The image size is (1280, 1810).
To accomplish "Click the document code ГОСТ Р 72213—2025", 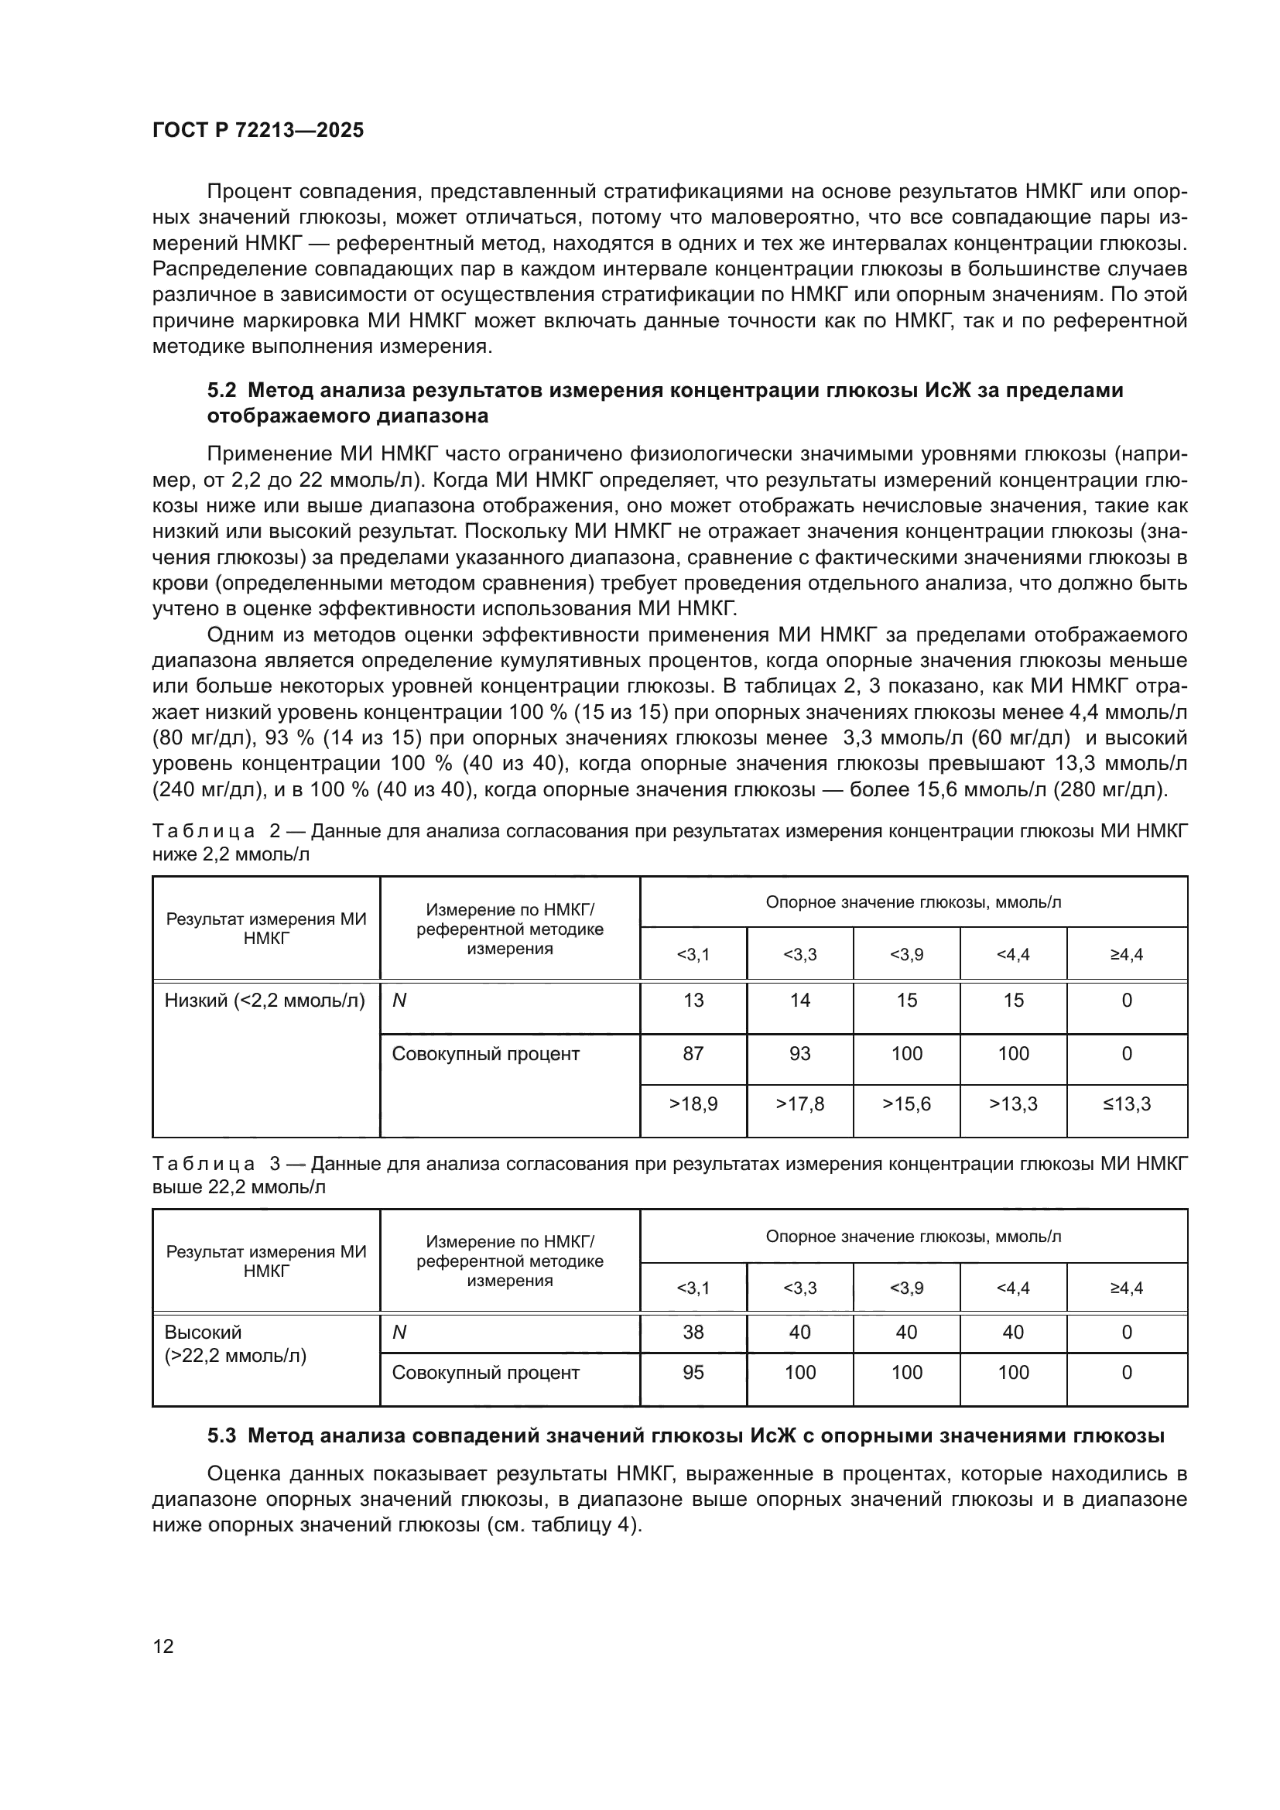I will [x=258, y=130].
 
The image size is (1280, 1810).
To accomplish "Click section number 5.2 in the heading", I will [x=222, y=390].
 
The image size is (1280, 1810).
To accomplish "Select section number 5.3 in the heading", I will [x=222, y=1435].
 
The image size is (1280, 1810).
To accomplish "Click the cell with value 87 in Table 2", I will [x=693, y=1054].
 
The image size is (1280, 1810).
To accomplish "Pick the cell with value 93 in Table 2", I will [x=799, y=1054].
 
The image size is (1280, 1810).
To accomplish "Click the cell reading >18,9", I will [x=693, y=1103].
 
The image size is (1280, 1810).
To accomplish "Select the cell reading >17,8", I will [x=799, y=1103].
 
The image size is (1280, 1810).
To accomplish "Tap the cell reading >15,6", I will [x=906, y=1103].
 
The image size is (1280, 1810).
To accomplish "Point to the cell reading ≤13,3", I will [x=1126, y=1103].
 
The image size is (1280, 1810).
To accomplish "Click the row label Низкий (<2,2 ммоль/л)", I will [x=265, y=1001].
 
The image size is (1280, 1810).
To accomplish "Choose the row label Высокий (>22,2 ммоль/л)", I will [x=235, y=1344].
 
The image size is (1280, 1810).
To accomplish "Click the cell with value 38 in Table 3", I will [x=693, y=1333].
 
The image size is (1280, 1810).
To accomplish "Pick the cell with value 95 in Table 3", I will [x=693, y=1373].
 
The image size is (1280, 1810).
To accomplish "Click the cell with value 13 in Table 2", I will [x=693, y=1001].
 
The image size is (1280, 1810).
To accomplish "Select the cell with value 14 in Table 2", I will [x=799, y=1001].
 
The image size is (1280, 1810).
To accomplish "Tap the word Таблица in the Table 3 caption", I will [x=204, y=1164].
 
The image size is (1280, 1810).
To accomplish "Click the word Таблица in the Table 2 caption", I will [x=204, y=831].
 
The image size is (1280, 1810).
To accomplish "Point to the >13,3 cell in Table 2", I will [x=1013, y=1103].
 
